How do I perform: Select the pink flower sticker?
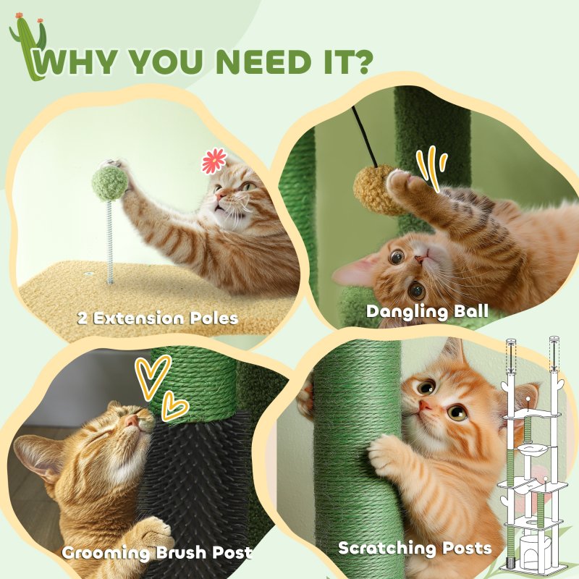point(214,161)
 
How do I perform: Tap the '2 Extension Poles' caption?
point(159,317)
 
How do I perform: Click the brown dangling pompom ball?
point(373,190)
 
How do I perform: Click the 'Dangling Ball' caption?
point(427,312)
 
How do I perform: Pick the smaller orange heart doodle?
point(174,407)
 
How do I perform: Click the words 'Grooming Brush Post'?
point(157,553)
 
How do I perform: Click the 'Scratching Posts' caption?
point(415,549)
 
